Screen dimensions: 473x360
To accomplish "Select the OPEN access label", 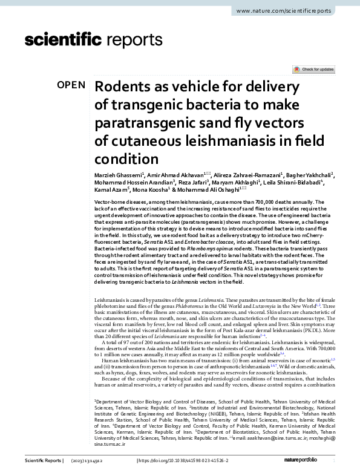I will point(71,85).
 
